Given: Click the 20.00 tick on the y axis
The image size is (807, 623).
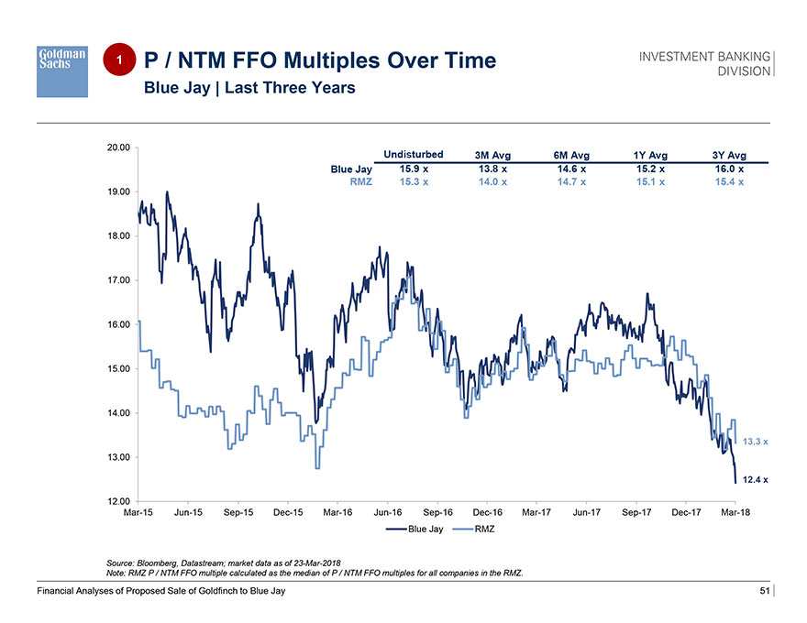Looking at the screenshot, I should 117,147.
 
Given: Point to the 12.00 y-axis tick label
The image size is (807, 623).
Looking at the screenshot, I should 117,501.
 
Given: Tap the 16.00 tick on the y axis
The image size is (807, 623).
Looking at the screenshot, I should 117,324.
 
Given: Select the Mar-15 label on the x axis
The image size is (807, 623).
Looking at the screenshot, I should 138,513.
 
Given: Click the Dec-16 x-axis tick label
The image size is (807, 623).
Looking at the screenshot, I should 486,513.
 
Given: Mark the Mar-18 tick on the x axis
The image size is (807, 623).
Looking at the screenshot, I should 735,513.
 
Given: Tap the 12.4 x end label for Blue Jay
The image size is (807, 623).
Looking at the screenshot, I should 756,480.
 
